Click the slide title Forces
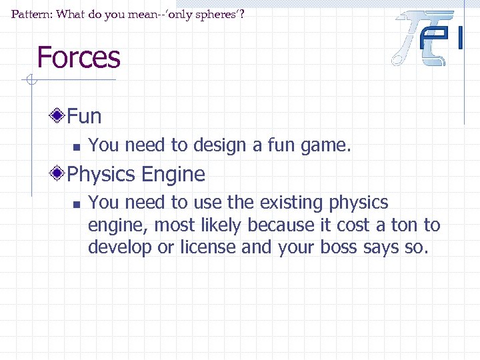pos(79,57)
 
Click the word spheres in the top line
pos(210,13)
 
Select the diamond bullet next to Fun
pos(59,117)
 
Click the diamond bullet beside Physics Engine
pos(59,175)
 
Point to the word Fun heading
pos(85,117)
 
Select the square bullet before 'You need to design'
pos(76,146)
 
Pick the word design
pos(214,145)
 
